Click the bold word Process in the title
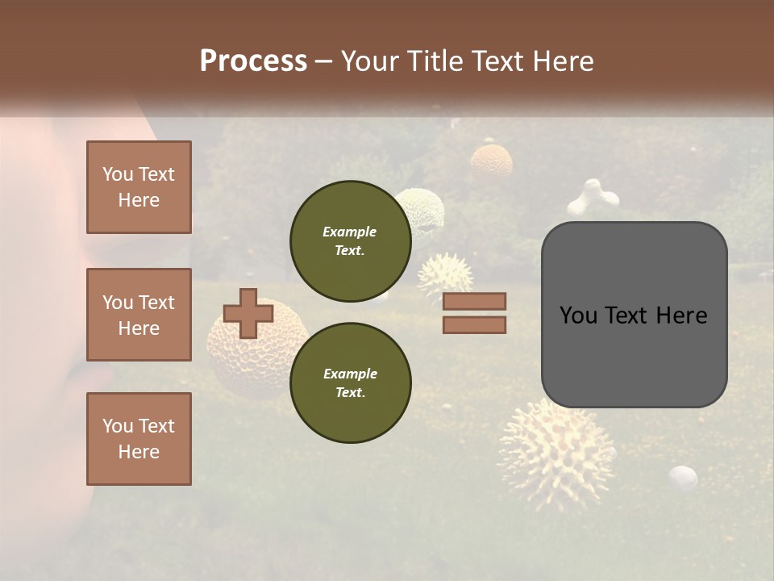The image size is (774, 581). coord(253,61)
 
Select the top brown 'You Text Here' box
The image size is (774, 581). coord(139,187)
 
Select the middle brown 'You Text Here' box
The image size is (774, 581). coord(139,315)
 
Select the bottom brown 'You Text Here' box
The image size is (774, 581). coord(139,439)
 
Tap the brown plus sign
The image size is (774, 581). coord(248,313)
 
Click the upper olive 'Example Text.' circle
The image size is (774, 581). coord(350,240)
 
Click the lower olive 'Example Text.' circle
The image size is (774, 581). coord(350,382)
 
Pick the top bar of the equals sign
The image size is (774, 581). coord(474,301)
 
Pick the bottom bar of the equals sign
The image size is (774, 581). coord(474,324)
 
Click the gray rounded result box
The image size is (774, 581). coord(634,315)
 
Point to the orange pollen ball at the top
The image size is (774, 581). coord(491,161)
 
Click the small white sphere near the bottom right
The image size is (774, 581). coord(683,478)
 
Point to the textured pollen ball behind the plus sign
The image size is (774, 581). coord(258,355)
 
